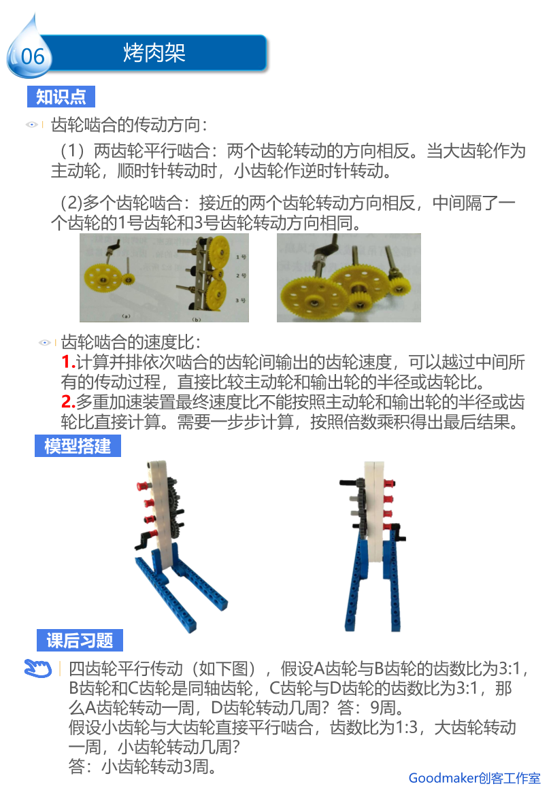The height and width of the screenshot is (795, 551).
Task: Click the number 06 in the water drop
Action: [x=33, y=56]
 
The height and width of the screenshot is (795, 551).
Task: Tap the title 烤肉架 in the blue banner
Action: [x=154, y=53]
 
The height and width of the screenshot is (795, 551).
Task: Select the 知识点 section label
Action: [x=61, y=97]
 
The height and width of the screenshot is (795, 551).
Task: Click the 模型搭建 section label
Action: [x=78, y=445]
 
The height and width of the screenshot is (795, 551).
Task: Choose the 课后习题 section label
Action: [x=80, y=640]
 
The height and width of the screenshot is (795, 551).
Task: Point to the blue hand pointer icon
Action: [x=38, y=669]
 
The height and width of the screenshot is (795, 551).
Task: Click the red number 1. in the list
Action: [x=68, y=362]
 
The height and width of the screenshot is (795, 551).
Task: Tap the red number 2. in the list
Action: [x=68, y=401]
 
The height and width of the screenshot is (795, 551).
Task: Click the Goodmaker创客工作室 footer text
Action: [x=474, y=778]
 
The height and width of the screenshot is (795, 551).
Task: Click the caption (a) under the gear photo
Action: [x=126, y=316]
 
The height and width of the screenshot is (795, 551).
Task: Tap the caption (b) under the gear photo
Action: [x=197, y=319]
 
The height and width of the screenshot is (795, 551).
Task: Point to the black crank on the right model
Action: [x=398, y=531]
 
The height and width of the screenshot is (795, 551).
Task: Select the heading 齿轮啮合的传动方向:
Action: [x=129, y=124]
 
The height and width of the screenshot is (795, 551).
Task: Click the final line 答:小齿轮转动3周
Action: [x=143, y=766]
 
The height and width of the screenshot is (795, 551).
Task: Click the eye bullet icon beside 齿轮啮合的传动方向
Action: [x=32, y=124]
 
